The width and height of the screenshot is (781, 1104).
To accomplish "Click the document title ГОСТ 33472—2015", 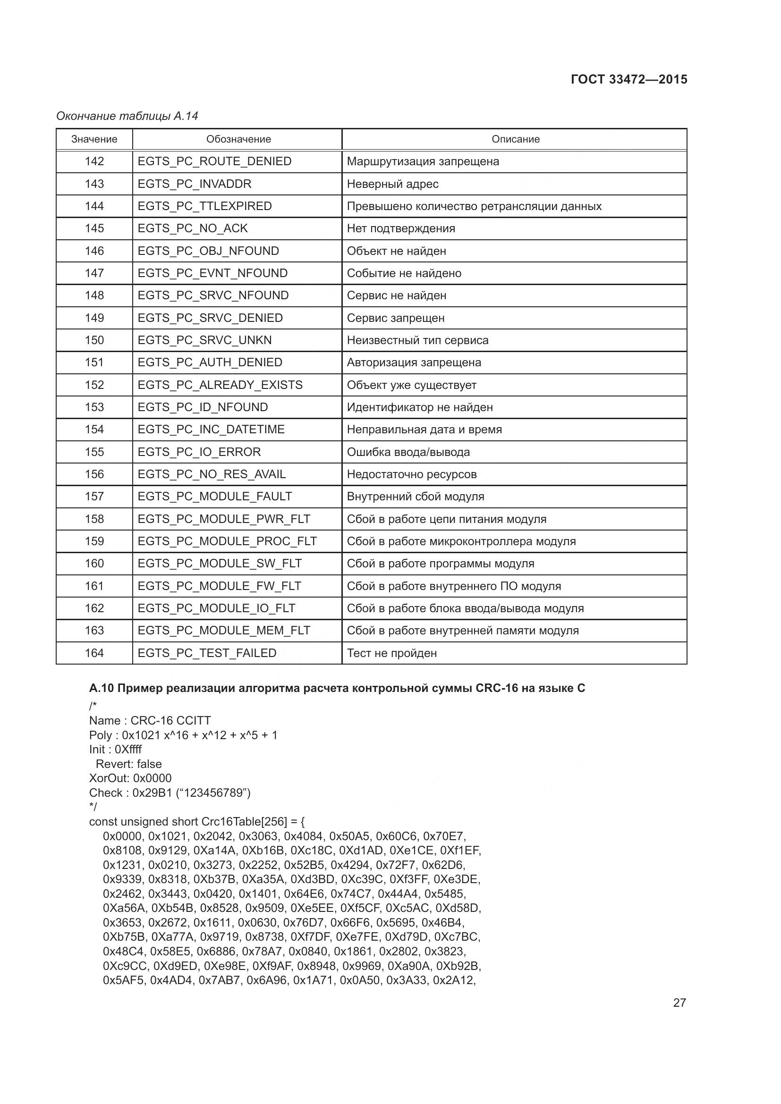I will pyautogui.click(x=628, y=79).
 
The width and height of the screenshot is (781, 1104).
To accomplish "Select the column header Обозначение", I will pyautogui.click(x=238, y=139).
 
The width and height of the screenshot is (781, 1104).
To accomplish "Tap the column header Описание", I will pyautogui.click(x=515, y=139).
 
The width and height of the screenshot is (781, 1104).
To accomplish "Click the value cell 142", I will pyautogui.click(x=94, y=161).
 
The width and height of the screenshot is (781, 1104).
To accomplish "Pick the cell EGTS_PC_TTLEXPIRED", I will pyautogui.click(x=205, y=206).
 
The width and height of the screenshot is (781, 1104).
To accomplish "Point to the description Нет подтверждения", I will pyautogui.click(x=400, y=228).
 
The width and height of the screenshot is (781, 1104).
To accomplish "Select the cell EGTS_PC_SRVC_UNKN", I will pyautogui.click(x=205, y=340).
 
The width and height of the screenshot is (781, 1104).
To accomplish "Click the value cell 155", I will pyautogui.click(x=94, y=452).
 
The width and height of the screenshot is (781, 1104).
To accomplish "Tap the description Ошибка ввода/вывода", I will pyautogui.click(x=408, y=452).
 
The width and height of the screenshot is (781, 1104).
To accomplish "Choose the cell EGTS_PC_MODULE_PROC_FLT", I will pyautogui.click(x=227, y=541).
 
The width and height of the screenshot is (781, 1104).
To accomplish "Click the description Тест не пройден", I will pyautogui.click(x=391, y=653).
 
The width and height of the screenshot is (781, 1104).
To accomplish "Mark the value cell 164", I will pyautogui.click(x=94, y=653).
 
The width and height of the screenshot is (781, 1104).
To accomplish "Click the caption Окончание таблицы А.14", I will pyautogui.click(x=127, y=116).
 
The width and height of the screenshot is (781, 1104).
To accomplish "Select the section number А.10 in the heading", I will pyautogui.click(x=101, y=688).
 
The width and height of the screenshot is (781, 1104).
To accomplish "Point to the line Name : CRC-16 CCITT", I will pyautogui.click(x=150, y=720).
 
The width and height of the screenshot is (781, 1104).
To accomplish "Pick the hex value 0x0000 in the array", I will pyautogui.click(x=123, y=836).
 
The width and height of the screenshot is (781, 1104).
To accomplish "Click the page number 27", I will pyautogui.click(x=679, y=1003).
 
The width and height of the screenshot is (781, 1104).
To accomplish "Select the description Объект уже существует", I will pyautogui.click(x=411, y=385).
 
